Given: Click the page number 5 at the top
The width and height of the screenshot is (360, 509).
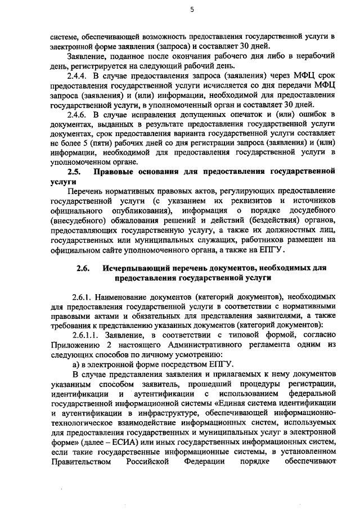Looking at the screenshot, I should [x=192, y=10].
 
